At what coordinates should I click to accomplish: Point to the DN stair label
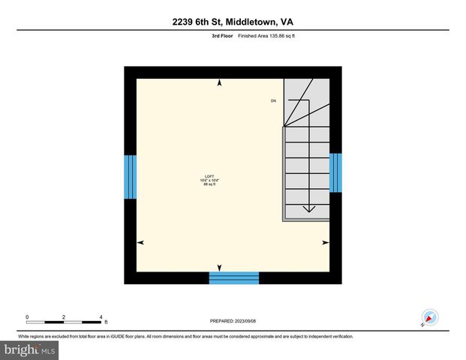(274, 100)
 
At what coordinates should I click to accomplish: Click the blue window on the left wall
(130, 177)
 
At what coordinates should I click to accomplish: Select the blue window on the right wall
(335, 172)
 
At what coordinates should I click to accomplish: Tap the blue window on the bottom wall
(233, 278)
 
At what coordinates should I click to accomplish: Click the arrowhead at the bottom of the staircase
(307, 209)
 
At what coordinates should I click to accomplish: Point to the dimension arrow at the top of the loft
(219, 83)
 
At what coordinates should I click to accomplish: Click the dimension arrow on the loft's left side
(140, 242)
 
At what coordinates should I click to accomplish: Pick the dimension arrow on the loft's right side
(325, 242)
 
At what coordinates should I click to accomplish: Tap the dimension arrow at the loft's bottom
(219, 268)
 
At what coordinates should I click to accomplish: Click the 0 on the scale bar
(27, 316)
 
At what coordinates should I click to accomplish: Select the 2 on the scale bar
(64, 316)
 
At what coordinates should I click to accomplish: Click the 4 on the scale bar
(101, 316)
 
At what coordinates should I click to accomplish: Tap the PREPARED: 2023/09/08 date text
(233, 321)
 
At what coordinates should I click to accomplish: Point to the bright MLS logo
(30, 350)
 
